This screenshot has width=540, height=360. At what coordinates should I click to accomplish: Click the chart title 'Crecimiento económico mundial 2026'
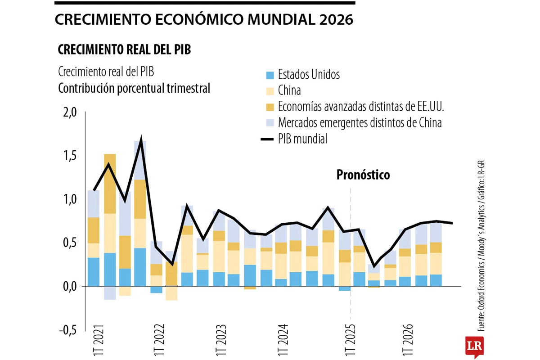click(x=204, y=20)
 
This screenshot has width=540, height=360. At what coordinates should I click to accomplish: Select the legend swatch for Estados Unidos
click(x=270, y=75)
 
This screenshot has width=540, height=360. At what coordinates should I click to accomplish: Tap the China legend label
click(x=289, y=91)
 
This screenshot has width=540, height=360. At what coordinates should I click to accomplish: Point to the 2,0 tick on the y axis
click(x=69, y=112)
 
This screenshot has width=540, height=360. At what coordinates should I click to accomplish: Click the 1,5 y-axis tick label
click(x=69, y=156)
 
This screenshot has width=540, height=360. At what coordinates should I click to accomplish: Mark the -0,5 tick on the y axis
click(x=67, y=330)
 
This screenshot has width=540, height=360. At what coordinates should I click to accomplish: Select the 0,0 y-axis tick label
click(x=69, y=287)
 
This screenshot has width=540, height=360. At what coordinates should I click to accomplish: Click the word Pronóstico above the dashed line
click(x=363, y=175)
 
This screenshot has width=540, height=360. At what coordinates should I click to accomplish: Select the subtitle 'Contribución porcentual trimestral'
click(x=134, y=88)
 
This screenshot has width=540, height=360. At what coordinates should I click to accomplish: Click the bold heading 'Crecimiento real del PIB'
click(x=124, y=50)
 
